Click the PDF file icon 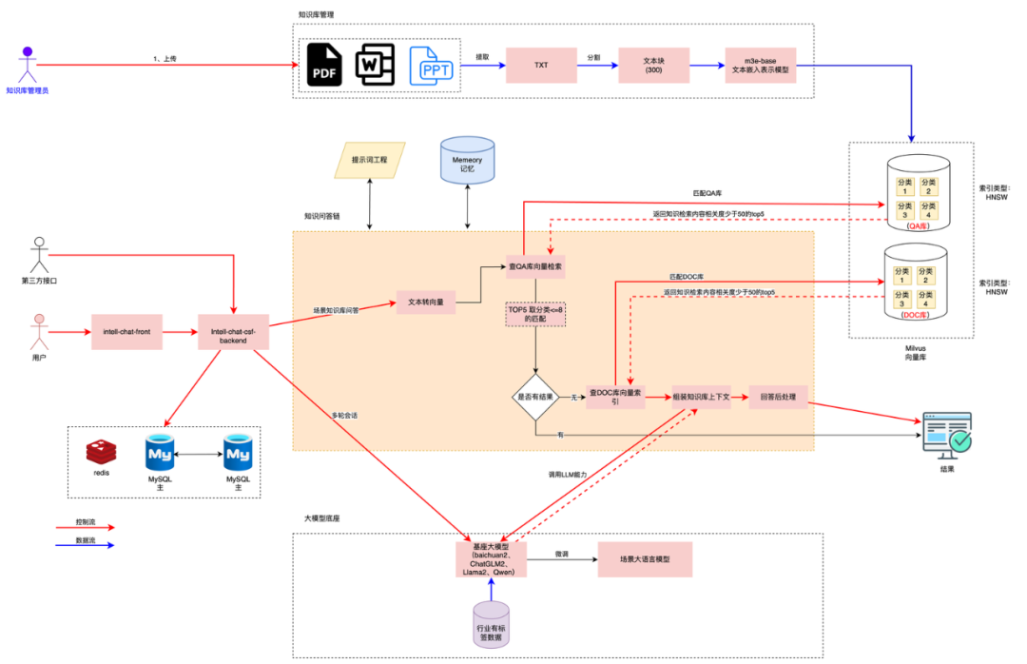tap(324, 66)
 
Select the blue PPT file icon tap(430, 66)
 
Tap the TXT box tap(541, 66)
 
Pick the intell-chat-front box tap(128, 332)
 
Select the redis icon tap(100, 454)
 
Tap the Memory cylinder tap(467, 161)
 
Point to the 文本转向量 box tap(425, 303)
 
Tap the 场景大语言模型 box tap(645, 559)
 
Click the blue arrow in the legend tap(93, 545)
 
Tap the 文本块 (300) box tap(651, 66)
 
